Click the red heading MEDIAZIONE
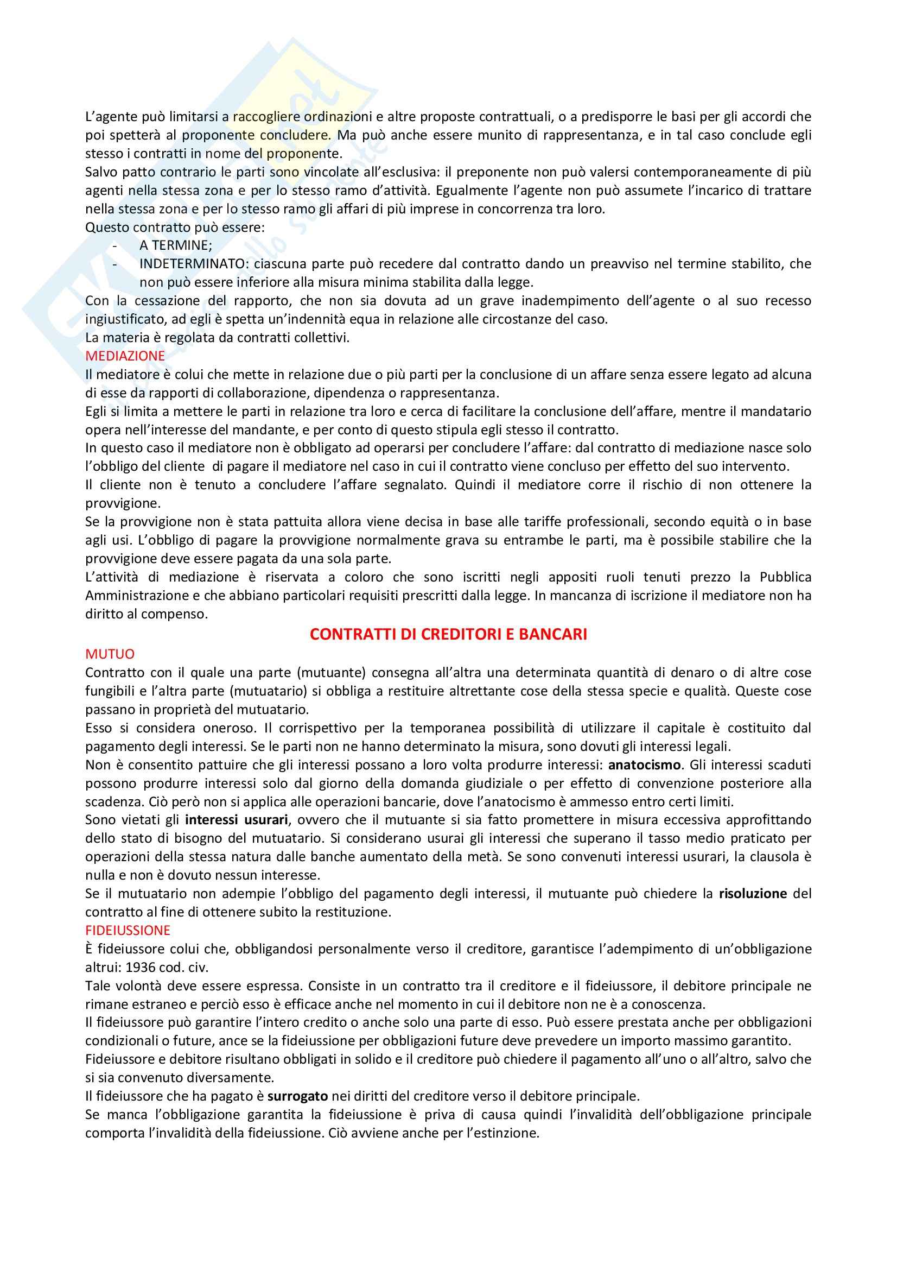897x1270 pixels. (x=125, y=356)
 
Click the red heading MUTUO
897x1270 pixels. (x=110, y=654)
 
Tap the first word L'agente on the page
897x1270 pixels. (x=108, y=117)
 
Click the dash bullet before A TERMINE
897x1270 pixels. (x=115, y=245)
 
